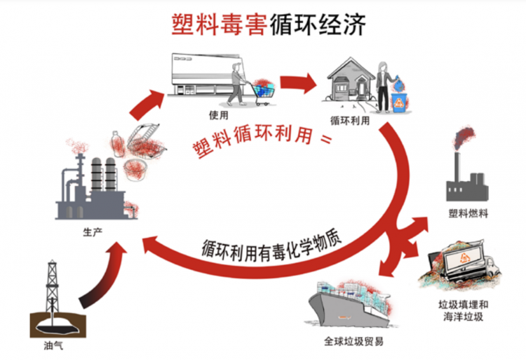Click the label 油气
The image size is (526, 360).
click(x=53, y=345)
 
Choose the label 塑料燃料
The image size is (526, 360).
click(x=468, y=213)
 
